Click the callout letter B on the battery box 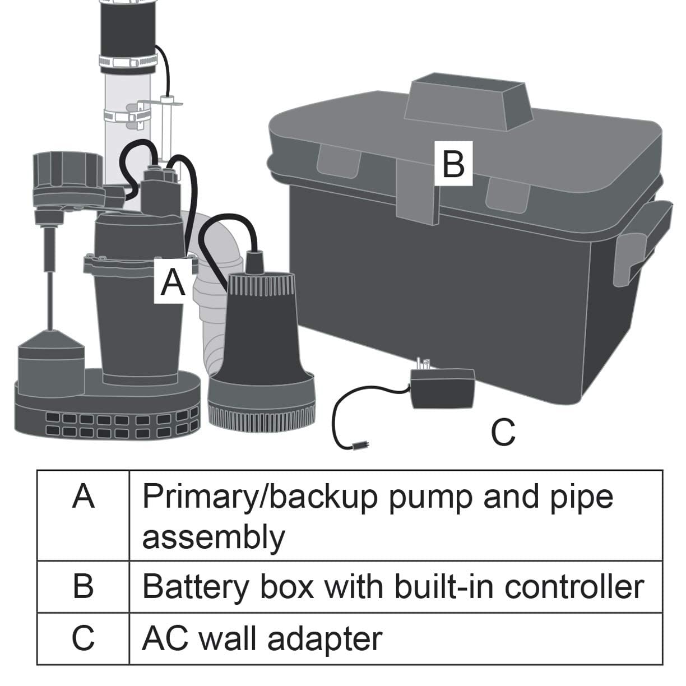coord(453,164)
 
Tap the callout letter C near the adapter coord(503,432)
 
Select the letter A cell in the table coord(84,514)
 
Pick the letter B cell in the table coord(84,586)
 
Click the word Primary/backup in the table coord(259,498)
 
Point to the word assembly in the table coord(214,537)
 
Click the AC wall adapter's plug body coord(443,389)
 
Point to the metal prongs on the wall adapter coord(424,364)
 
